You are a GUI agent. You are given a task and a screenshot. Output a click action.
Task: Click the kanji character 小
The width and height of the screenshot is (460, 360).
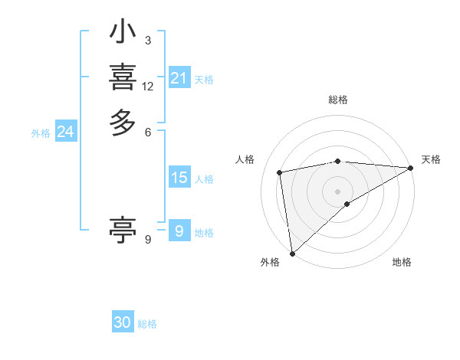click(x=123, y=33)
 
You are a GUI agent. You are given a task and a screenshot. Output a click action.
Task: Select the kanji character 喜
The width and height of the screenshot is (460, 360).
click(x=123, y=77)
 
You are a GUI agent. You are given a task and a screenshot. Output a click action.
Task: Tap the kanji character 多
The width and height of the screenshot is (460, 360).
click(x=123, y=123)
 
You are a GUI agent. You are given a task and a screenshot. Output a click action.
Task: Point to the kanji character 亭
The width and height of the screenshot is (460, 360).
click(x=123, y=229)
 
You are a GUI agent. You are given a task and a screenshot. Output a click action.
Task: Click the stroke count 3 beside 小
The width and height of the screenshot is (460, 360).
click(x=147, y=41)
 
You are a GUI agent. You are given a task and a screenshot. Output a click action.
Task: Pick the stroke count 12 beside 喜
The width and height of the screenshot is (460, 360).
click(x=148, y=87)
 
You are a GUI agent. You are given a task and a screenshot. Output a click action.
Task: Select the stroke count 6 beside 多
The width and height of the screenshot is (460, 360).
click(x=147, y=132)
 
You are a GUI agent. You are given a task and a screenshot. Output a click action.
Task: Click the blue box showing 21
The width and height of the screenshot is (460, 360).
click(x=179, y=78)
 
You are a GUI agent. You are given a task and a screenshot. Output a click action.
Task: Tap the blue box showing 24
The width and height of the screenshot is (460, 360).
click(x=65, y=133)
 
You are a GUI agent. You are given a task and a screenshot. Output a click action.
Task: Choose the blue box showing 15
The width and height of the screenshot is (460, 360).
click(x=179, y=178)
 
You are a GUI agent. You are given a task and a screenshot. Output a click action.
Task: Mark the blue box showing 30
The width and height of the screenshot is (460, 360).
click(x=123, y=323)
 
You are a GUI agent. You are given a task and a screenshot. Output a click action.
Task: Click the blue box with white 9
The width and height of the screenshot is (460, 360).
click(x=179, y=231)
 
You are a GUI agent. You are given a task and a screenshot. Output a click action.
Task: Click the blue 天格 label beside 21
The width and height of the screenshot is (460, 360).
click(x=204, y=80)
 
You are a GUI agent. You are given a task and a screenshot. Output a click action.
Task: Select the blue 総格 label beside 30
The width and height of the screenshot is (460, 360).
click(x=147, y=325)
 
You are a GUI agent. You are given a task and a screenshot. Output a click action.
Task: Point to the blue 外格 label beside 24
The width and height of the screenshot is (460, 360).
click(x=41, y=133)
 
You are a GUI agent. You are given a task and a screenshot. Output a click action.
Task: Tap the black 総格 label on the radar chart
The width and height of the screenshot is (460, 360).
click(x=338, y=100)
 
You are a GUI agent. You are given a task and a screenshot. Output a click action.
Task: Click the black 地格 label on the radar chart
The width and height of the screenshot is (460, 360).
click(x=402, y=263)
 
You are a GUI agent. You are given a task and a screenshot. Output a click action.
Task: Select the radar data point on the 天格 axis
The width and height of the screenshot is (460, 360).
click(x=411, y=168)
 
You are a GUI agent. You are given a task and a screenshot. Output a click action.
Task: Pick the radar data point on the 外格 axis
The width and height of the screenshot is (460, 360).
click(x=292, y=253)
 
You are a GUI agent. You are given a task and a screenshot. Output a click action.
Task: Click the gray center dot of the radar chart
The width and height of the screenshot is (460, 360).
click(x=338, y=191)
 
